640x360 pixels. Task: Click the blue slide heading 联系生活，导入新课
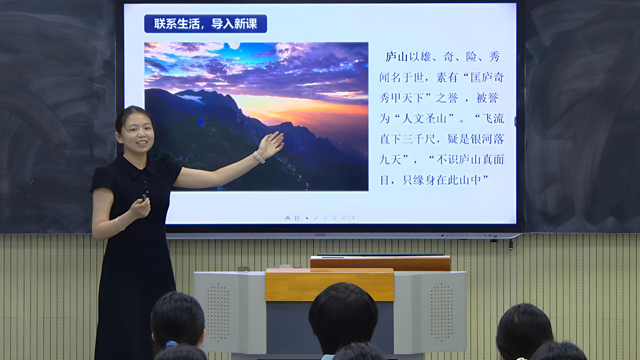205,23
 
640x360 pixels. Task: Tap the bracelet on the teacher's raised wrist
259,157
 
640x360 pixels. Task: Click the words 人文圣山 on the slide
424,118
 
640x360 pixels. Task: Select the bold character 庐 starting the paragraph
391,57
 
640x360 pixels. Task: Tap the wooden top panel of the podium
330,285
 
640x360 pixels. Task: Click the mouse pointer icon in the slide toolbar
307,218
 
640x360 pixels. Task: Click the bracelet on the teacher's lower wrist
118,224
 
